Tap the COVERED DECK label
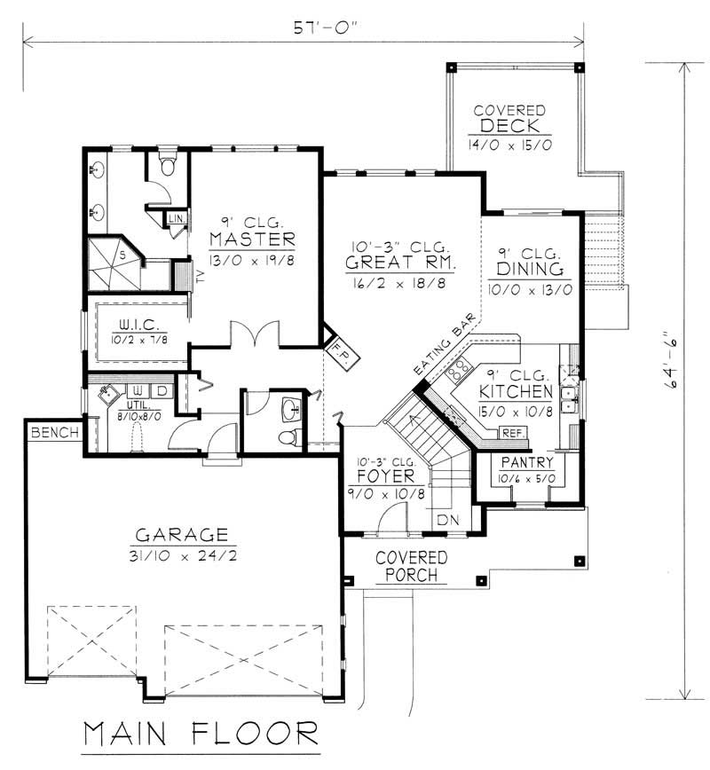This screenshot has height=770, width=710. pyautogui.click(x=509, y=118)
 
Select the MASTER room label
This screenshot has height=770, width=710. pyautogui.click(x=252, y=240)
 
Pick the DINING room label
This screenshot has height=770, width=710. pyautogui.click(x=530, y=269)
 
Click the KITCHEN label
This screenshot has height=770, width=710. pyautogui.click(x=517, y=391)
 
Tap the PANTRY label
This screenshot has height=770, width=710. pyautogui.click(x=527, y=463)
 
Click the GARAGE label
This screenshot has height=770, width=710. pyautogui.click(x=181, y=535)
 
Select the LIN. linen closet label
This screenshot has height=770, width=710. pyautogui.click(x=177, y=217)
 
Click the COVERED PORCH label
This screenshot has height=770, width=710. pyautogui.click(x=411, y=566)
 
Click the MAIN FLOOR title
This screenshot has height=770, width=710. pyautogui.click(x=201, y=735)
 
